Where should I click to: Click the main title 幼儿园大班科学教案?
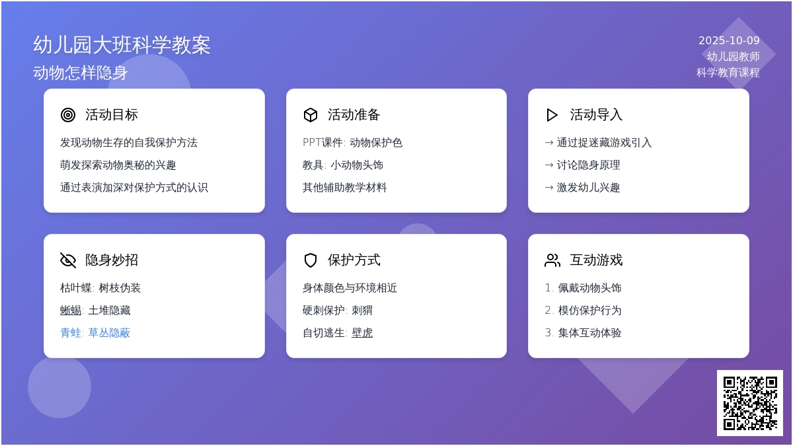click(x=122, y=45)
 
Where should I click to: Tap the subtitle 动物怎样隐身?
click(x=80, y=73)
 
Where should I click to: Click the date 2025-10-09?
click(x=729, y=41)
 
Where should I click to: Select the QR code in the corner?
click(x=749, y=402)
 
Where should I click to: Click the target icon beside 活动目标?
click(x=68, y=115)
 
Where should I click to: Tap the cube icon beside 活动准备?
click(x=311, y=115)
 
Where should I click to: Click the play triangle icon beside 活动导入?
click(x=552, y=115)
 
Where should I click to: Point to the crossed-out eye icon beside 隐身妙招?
click(x=68, y=260)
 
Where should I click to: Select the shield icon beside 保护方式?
click(x=311, y=260)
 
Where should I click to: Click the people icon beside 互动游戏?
click(x=552, y=260)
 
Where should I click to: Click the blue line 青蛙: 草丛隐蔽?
click(x=95, y=333)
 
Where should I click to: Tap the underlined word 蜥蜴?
click(x=71, y=311)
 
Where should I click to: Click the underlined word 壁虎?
click(x=362, y=333)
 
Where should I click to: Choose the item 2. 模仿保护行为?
click(x=583, y=311)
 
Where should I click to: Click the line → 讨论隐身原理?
click(x=582, y=165)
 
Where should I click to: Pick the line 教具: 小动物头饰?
click(x=343, y=165)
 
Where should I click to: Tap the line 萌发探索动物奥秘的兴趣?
click(x=118, y=165)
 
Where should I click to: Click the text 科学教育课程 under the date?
click(x=728, y=73)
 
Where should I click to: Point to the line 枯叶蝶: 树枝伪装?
click(x=100, y=288)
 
